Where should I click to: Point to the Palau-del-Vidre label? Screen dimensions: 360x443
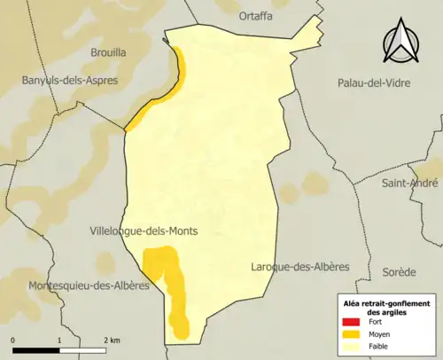[370, 82]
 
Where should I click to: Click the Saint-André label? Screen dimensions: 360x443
[408, 184]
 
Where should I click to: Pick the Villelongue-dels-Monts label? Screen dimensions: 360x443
[143, 231]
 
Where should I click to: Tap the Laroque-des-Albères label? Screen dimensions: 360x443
[300, 267]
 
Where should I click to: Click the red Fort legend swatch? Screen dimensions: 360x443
[353, 322]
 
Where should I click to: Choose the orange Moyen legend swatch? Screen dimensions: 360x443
[353, 334]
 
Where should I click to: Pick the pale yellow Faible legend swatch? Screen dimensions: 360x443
[353, 347]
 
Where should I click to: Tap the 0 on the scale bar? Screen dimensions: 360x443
[13, 340]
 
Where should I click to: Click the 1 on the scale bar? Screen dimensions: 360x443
[58, 340]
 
